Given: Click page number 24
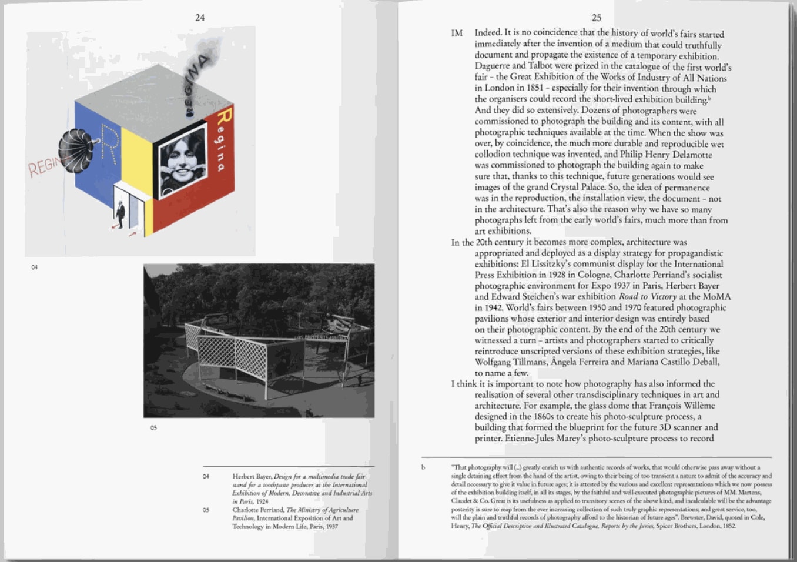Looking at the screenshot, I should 200,18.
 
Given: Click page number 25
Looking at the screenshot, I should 596,18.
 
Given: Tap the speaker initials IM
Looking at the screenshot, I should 457,34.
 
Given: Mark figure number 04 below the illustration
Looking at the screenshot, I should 35,267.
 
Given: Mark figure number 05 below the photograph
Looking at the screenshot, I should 153,428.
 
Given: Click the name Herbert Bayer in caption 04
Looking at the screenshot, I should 252,477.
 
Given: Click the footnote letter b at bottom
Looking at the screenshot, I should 423,468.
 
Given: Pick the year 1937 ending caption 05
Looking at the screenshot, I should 331,527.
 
